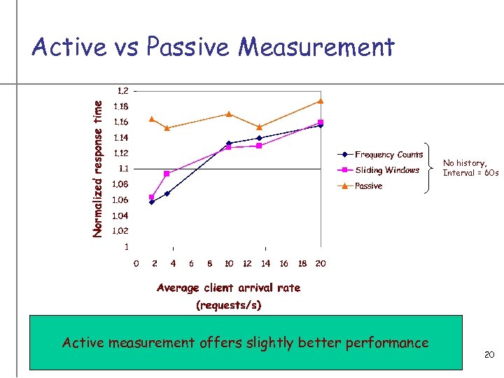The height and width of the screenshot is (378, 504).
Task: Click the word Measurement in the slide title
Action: click(x=316, y=48)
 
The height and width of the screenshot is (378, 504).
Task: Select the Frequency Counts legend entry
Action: click(x=388, y=155)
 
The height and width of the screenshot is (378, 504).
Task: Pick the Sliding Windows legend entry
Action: click(x=387, y=170)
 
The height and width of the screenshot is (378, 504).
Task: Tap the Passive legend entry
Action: click(x=368, y=186)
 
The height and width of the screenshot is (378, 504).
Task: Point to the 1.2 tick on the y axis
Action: click(x=122, y=90)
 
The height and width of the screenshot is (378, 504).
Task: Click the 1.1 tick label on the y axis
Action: click(x=123, y=169)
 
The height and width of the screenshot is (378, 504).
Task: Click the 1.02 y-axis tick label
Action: click(x=121, y=231)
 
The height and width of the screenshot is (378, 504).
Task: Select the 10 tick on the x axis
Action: click(x=228, y=264)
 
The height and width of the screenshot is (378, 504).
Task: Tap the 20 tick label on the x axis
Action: click(x=321, y=264)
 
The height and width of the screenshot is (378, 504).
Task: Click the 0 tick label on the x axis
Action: click(x=136, y=264)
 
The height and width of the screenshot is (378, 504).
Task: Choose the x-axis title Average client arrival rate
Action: click(x=228, y=288)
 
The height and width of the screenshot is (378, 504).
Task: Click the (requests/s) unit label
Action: click(x=228, y=305)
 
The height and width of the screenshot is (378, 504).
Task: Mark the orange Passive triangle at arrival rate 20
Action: click(x=321, y=101)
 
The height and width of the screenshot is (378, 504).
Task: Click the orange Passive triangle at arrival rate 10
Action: click(x=228, y=114)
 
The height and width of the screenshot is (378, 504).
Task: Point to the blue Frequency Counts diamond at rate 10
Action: click(x=228, y=143)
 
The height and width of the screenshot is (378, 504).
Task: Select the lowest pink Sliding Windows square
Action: click(x=152, y=197)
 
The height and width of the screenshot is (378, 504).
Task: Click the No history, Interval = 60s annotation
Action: click(x=470, y=168)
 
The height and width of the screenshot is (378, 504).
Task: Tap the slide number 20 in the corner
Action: click(x=489, y=356)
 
